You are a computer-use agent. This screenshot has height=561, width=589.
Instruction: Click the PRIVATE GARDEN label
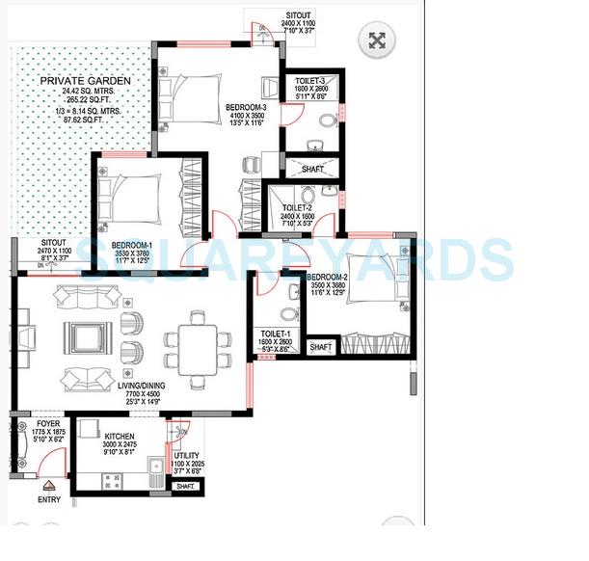point(79,81)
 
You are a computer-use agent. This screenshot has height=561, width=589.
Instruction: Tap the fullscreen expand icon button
point(377,40)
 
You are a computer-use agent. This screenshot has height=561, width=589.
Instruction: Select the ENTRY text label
point(48,500)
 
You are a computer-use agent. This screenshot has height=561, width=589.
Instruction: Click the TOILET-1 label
point(275,333)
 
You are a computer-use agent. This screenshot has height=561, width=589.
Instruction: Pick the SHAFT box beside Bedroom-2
point(319,346)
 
